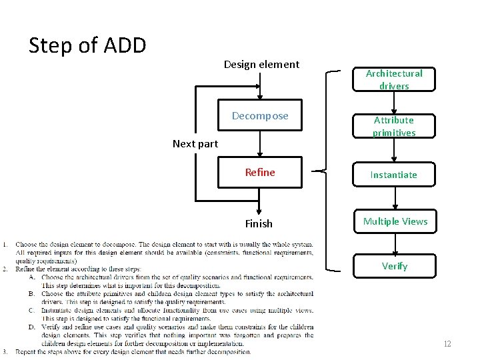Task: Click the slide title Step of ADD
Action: point(87,45)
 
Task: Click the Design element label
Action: point(261,65)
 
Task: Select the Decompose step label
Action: point(260,116)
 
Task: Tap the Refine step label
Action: point(260,173)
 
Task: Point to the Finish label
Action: point(259,224)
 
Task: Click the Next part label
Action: point(195,144)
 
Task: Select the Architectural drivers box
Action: point(394,79)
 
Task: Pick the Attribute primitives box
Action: point(394,126)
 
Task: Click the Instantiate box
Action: point(395,175)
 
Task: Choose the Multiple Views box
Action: point(395,221)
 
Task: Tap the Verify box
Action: point(395,266)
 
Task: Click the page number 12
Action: point(447,344)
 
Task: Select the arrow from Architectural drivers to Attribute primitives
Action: point(395,103)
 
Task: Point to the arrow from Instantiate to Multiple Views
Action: point(395,199)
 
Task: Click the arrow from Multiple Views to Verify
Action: point(395,244)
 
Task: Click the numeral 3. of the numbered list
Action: point(5,351)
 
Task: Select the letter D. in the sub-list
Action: point(31,327)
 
